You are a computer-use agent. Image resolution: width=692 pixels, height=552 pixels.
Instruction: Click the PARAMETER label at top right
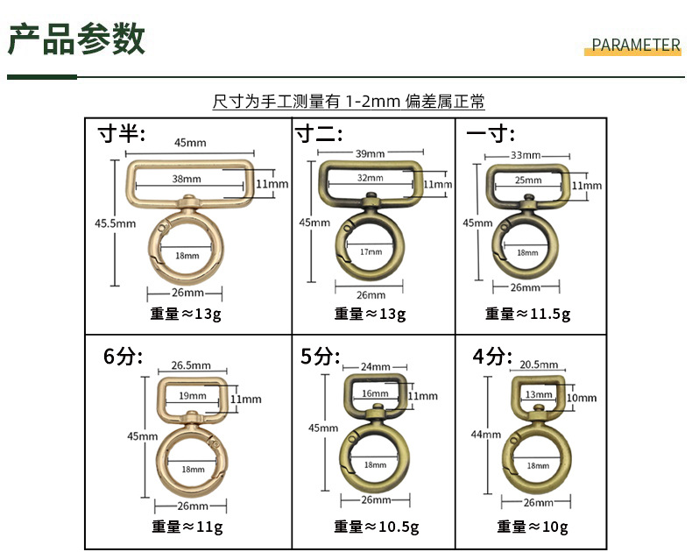click(636, 46)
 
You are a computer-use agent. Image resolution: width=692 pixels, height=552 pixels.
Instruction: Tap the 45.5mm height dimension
click(115, 223)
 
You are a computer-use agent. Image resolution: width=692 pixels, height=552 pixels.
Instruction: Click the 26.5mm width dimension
click(191, 365)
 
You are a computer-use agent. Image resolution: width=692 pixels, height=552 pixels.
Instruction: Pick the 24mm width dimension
click(375, 366)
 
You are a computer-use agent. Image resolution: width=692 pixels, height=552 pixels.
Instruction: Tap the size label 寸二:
click(319, 133)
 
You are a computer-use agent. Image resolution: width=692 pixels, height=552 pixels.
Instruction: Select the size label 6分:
click(123, 357)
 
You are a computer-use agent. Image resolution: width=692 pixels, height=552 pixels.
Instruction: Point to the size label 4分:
click(491, 357)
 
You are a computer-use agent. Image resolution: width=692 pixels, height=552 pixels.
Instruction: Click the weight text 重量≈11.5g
click(527, 314)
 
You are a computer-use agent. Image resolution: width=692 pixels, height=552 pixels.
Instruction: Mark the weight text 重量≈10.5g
click(376, 527)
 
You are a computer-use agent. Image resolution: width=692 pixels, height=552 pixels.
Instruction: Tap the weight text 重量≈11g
click(186, 527)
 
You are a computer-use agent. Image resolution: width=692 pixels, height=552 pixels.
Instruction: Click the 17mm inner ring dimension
click(371, 251)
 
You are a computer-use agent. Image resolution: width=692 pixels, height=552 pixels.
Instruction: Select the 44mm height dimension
click(485, 435)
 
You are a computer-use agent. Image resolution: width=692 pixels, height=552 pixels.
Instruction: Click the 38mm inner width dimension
click(187, 179)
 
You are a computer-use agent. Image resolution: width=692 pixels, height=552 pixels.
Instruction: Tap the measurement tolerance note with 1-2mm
click(349, 102)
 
